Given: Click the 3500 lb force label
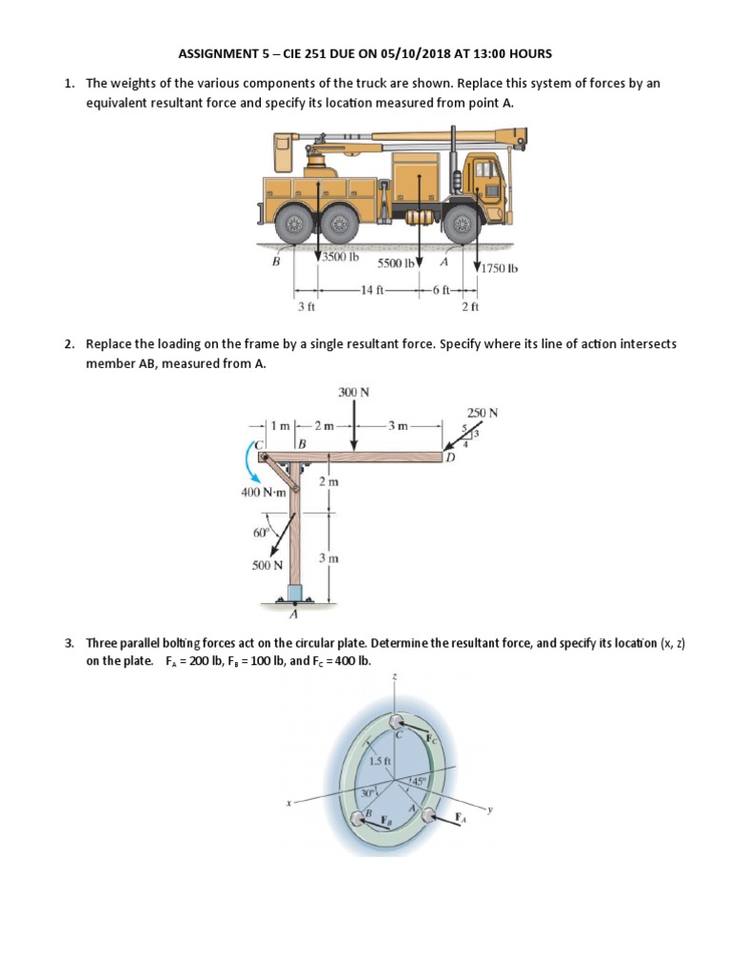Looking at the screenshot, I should (x=338, y=258).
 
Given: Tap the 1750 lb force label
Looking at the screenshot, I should (x=500, y=267).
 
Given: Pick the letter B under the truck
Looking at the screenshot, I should (x=276, y=263).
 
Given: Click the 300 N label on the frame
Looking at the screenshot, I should (x=354, y=392).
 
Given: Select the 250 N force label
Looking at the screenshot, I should (x=483, y=413).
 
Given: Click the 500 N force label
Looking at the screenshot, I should (x=267, y=565).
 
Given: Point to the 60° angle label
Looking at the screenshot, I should (x=261, y=533).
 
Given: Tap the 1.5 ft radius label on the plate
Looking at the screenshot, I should (x=378, y=761).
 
